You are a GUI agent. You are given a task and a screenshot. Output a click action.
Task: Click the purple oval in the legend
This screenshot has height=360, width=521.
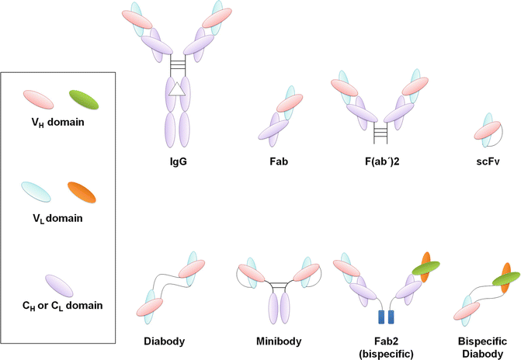[60, 284]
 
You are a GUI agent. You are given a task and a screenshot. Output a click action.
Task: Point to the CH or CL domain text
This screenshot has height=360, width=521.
[60, 306]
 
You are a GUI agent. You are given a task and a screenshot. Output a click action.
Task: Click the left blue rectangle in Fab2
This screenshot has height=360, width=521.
[380, 317]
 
